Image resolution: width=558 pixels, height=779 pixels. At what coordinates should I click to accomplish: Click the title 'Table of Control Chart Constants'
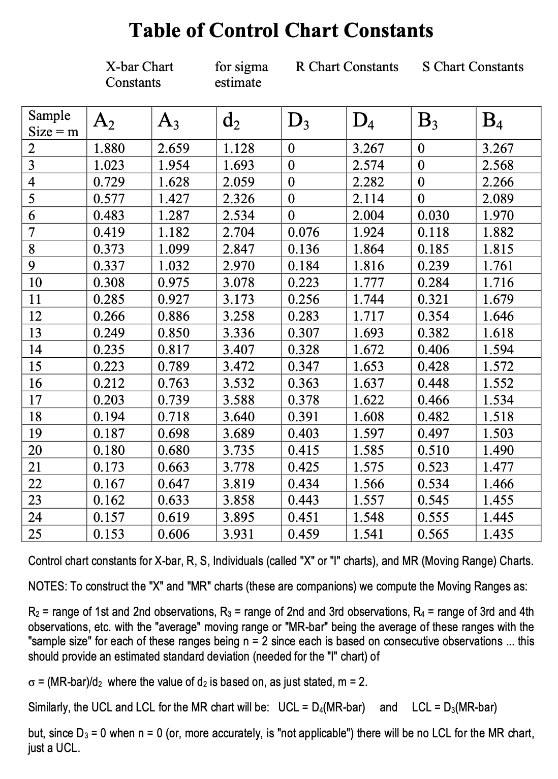[x=281, y=30]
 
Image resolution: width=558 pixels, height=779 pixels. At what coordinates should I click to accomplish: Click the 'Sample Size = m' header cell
[x=53, y=123]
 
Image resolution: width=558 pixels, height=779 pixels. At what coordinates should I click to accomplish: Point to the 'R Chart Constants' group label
[x=347, y=67]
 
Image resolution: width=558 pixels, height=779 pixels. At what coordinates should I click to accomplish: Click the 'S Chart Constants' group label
[x=473, y=67]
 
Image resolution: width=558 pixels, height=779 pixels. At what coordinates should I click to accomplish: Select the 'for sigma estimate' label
[x=241, y=74]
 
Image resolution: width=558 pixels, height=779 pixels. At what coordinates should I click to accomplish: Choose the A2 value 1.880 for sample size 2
[x=109, y=148]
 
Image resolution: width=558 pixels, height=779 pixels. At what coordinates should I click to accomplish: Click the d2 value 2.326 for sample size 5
[x=239, y=199]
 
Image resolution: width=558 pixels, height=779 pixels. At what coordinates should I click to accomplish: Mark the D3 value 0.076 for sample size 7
[x=303, y=232]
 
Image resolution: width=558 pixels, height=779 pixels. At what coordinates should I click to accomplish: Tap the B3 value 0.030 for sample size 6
[x=433, y=215]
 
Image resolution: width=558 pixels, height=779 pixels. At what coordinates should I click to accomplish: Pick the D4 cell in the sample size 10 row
[x=368, y=283]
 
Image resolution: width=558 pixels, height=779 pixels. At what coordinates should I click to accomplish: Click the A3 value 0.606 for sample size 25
[x=173, y=534]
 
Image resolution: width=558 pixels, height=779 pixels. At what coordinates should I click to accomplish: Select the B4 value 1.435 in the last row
[x=498, y=534]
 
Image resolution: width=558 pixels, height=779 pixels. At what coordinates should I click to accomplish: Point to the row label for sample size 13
[x=35, y=333]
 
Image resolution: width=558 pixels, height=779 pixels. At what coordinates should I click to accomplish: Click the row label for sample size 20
[x=35, y=450]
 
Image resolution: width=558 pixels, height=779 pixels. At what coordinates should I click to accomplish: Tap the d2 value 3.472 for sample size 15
[x=239, y=366]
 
